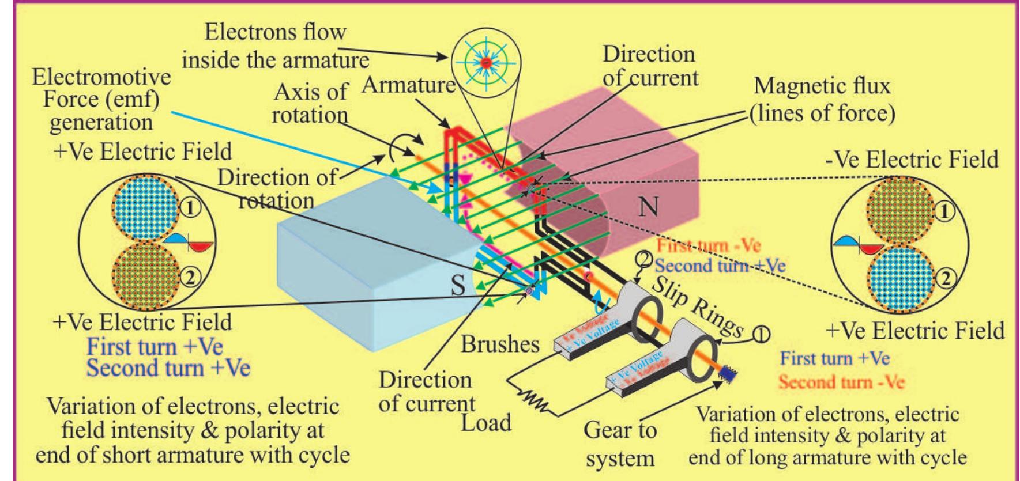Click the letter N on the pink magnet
[649, 206]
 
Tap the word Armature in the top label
[408, 85]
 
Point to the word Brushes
[500, 344]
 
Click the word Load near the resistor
[485, 423]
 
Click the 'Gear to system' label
[620, 444]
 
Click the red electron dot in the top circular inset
[486, 62]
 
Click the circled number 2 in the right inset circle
[944, 279]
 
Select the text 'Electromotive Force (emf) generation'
[103, 99]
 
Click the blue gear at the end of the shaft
[728, 376]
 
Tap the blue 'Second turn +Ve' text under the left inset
[168, 368]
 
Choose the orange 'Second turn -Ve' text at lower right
[841, 381]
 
